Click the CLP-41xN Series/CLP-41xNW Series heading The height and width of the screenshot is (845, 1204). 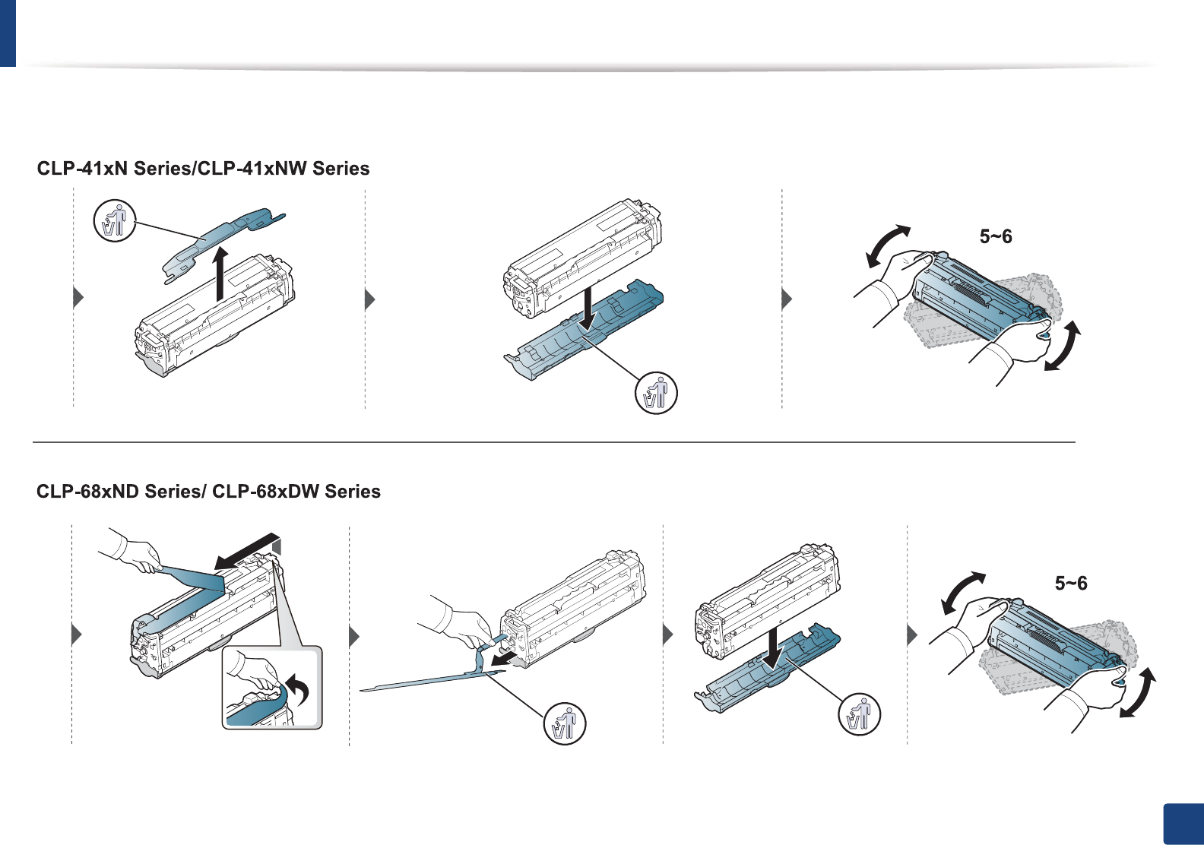[203, 169]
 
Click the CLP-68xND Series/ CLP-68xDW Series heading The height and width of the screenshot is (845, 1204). [208, 492]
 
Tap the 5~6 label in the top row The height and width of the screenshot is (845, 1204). [996, 237]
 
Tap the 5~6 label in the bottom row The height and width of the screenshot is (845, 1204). [1071, 584]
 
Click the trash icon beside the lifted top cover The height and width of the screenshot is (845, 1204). [114, 221]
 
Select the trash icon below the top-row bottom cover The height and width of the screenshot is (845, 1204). [655, 394]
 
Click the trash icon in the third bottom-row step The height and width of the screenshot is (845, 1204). [859, 714]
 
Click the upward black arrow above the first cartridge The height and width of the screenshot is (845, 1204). [220, 274]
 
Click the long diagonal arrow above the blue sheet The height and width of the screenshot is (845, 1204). [247, 551]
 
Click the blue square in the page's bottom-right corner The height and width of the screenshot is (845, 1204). [1183, 824]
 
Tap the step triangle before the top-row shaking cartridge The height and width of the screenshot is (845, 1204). [787, 299]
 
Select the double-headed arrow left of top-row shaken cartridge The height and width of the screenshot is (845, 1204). [887, 245]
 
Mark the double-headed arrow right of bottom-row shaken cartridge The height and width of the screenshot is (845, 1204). [1138, 692]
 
